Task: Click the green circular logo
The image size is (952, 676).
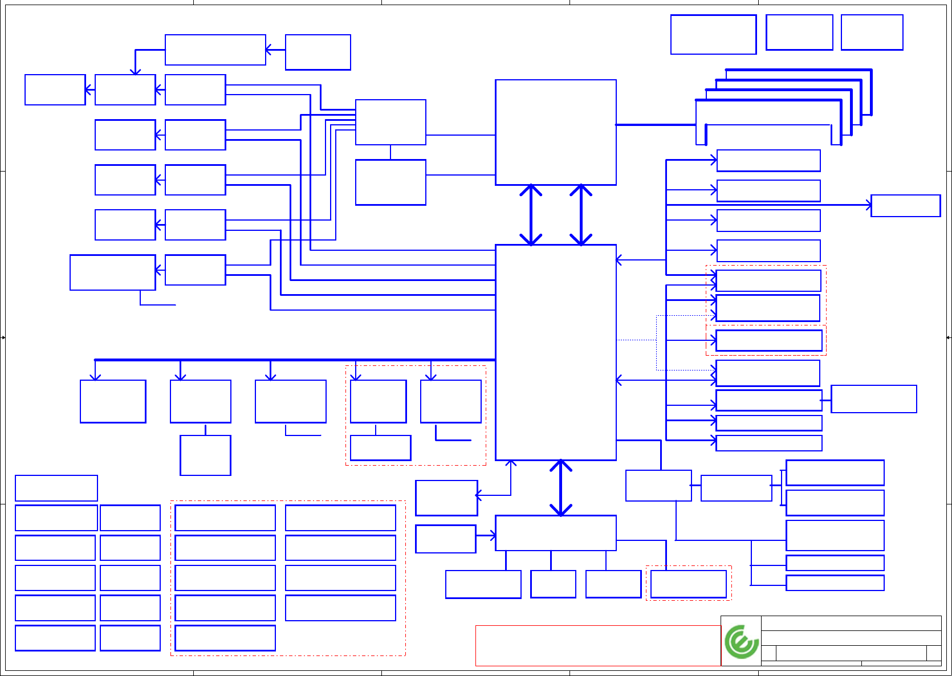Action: (741, 642)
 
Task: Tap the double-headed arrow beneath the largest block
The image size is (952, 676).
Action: (561, 488)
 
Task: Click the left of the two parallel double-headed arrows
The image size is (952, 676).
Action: (531, 215)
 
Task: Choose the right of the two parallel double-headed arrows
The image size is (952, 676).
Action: (581, 215)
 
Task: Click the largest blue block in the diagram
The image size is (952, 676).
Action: (555, 352)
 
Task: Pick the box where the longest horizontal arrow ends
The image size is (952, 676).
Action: (905, 206)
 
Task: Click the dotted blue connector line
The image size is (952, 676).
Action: (636, 340)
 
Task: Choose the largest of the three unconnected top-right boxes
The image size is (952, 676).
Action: (713, 35)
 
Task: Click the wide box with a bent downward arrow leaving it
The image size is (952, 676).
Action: (215, 50)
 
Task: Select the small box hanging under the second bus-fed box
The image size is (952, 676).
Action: (205, 455)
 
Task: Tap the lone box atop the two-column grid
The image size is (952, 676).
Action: (56, 488)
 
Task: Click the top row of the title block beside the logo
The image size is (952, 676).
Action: (851, 623)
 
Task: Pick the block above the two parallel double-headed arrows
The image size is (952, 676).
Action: (555, 132)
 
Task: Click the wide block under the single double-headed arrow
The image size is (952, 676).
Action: (555, 533)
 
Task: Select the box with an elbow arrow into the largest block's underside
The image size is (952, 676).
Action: (446, 498)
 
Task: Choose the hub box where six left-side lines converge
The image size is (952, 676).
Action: (390, 122)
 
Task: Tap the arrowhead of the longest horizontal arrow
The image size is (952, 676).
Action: (869, 205)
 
